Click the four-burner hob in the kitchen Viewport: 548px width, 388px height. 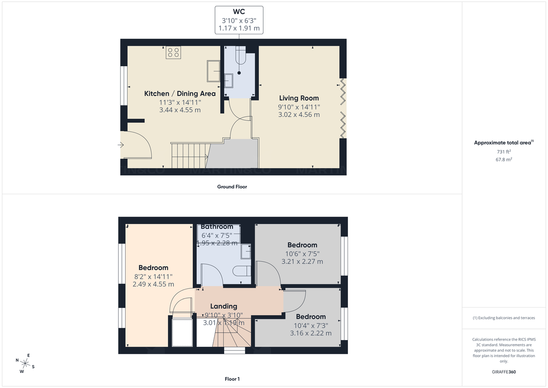(173, 52)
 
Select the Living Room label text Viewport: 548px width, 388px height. (299, 98)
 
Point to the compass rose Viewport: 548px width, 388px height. (25, 363)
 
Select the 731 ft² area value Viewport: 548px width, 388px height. (504, 151)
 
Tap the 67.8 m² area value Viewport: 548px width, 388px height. (504, 159)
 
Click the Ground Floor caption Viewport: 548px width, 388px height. (232, 186)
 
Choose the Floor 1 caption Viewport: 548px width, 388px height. (232, 379)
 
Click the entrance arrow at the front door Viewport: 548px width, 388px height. (121, 145)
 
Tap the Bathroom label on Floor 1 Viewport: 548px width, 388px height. (217, 227)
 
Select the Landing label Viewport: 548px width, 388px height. (223, 306)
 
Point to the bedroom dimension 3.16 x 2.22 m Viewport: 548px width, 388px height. (311, 333)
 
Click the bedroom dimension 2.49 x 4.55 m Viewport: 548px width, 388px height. (153, 284)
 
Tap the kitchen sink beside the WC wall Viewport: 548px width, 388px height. (213, 71)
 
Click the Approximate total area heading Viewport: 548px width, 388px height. (503, 143)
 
